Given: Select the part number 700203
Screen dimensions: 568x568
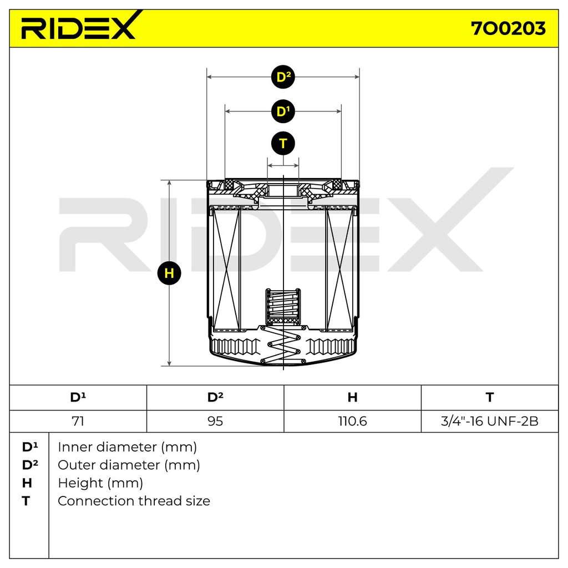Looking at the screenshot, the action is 508,28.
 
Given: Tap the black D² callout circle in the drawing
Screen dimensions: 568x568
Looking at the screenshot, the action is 283,77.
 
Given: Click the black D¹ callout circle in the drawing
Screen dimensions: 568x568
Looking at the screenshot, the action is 283,111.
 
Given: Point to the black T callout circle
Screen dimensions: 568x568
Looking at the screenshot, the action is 283,144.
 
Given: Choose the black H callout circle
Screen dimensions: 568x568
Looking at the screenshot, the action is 169,273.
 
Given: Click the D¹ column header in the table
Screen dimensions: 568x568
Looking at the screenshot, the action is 78,397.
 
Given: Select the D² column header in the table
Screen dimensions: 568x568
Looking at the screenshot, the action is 215,397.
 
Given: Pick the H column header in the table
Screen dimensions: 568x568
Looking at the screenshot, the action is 352,397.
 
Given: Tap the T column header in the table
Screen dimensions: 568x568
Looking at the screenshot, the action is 490,397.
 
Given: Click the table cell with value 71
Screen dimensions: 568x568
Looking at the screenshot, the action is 78,421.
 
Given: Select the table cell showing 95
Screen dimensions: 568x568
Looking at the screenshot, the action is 215,421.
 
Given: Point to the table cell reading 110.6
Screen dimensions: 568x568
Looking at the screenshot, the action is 352,421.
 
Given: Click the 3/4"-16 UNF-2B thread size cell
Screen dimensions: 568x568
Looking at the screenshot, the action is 490,421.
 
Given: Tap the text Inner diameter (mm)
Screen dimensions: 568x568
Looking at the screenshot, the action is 127,447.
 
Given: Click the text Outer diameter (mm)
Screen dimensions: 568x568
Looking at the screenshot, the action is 129,465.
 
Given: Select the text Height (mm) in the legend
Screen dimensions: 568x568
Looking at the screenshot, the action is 100,483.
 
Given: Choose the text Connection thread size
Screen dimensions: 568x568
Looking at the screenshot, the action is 134,501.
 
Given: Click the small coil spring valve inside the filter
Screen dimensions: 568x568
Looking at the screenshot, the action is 283,307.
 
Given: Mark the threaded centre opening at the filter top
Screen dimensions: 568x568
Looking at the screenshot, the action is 283,191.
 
